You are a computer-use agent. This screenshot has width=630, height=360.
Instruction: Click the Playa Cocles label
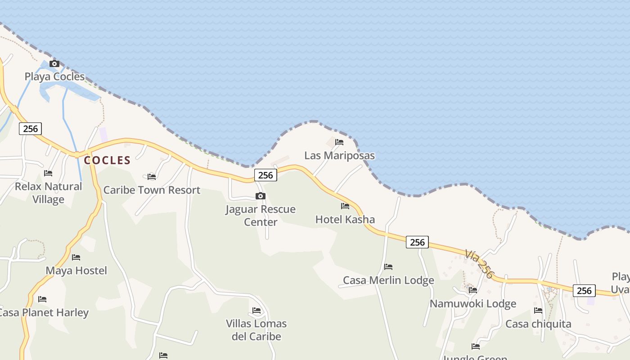tap(54, 76)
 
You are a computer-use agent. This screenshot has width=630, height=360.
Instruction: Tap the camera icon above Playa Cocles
tap(54, 64)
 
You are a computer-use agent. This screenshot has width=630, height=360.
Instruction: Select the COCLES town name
tap(107, 160)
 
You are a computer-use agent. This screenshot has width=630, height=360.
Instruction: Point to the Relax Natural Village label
tap(49, 193)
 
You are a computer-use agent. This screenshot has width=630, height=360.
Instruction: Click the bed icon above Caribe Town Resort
tap(152, 176)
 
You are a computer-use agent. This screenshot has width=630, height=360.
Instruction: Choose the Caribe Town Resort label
tap(152, 190)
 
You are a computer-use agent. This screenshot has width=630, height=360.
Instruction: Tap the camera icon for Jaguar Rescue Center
tap(261, 196)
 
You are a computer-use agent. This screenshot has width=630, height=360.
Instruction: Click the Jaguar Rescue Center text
tap(261, 215)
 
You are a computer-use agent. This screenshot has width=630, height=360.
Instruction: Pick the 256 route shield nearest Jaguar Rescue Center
tap(265, 175)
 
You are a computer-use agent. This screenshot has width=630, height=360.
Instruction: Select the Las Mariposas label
tap(339, 156)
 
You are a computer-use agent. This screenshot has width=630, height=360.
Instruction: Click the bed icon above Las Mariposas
tap(339, 142)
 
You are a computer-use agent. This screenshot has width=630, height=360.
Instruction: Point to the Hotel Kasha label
tap(345, 220)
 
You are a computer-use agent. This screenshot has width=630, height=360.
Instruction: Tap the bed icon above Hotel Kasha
tap(345, 206)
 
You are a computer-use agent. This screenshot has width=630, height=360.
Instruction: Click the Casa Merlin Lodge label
tap(388, 280)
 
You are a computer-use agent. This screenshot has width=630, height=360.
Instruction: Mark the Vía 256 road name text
tap(479, 264)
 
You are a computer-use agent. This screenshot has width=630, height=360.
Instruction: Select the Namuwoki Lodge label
tap(473, 304)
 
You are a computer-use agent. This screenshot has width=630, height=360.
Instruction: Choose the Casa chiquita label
tap(538, 324)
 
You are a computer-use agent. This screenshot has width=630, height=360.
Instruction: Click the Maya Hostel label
tap(76, 270)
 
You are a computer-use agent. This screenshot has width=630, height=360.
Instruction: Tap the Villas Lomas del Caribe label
tap(256, 330)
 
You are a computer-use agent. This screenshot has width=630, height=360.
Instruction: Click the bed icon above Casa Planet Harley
tap(42, 299)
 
